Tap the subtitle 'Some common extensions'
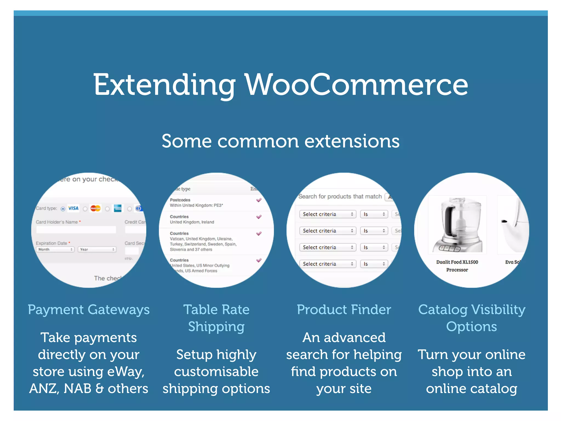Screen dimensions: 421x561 (x=280, y=141)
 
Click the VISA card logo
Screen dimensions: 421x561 (x=73, y=208)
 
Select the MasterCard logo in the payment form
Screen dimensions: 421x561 (x=96, y=209)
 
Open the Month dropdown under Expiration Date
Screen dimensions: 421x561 (x=55, y=249)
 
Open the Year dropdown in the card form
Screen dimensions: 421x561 (x=97, y=249)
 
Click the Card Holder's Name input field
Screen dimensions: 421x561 (x=76, y=230)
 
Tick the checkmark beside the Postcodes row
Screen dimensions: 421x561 (x=259, y=200)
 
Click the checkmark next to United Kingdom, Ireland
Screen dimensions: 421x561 (x=259, y=217)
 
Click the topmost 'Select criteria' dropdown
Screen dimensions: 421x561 (x=328, y=214)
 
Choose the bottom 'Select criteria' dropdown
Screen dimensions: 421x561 (x=328, y=264)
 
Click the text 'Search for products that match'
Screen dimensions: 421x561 (x=340, y=196)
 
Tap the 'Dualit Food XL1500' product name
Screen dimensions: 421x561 (x=457, y=262)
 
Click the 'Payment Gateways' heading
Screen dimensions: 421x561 (x=89, y=310)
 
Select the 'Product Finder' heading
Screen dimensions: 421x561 (x=344, y=310)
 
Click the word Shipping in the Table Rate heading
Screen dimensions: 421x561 (x=216, y=327)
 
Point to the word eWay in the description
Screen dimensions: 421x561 (x=125, y=372)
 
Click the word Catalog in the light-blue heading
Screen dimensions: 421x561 (x=443, y=310)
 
